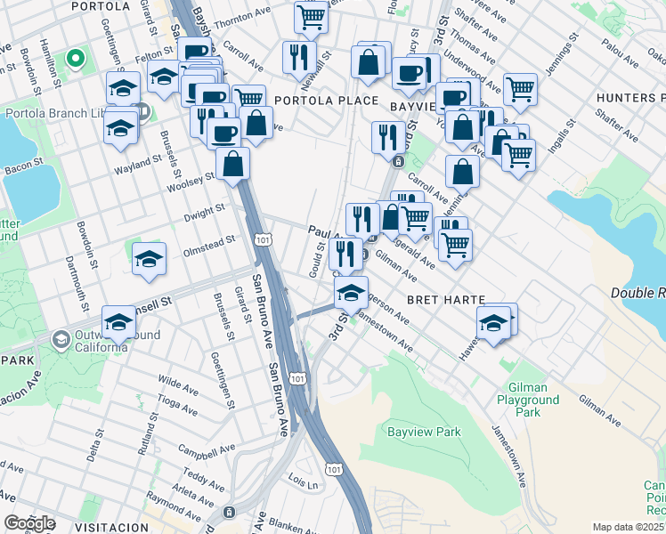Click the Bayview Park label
pos(424,433)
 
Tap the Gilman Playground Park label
pos(534,400)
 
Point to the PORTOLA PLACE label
pos(327,101)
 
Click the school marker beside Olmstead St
pos(150,258)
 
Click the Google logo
pos(29,523)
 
